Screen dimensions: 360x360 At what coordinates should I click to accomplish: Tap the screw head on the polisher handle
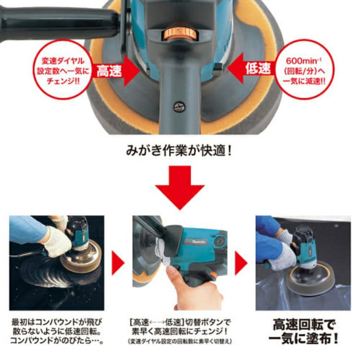pyautogui.click(x=179, y=107)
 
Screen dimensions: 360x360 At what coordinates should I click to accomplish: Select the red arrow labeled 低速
pyautogui.click(x=252, y=69)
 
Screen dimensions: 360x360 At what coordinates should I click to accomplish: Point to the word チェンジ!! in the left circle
pyautogui.click(x=63, y=81)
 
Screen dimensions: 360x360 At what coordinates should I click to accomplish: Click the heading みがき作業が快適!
pyautogui.click(x=179, y=151)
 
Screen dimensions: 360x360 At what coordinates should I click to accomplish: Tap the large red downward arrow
pyautogui.click(x=180, y=188)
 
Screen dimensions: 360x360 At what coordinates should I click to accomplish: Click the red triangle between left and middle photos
pyautogui.click(x=118, y=263)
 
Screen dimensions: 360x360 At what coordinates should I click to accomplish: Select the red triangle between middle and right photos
pyautogui.click(x=241, y=263)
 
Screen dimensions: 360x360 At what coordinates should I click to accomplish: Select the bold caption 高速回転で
pyautogui.click(x=304, y=325)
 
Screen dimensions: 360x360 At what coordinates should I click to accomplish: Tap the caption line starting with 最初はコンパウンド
pyautogui.click(x=57, y=322)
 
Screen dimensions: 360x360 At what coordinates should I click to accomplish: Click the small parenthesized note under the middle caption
pyautogui.click(x=180, y=342)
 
